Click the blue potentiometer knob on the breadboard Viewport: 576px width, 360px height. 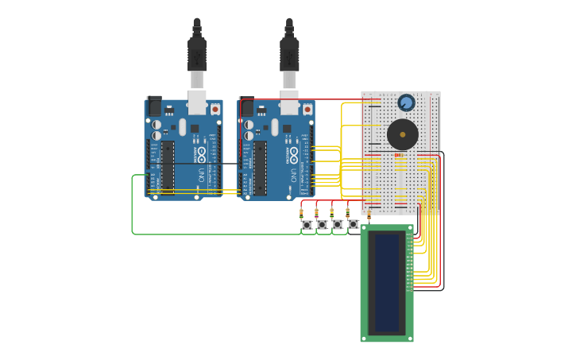[406, 103]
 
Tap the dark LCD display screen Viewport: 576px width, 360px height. [387, 283]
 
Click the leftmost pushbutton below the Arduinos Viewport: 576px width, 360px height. [307, 225]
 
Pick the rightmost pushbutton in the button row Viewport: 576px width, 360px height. [353, 225]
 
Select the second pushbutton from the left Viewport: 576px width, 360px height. [322, 225]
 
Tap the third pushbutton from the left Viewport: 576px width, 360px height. [338, 225]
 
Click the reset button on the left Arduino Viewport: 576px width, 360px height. [215, 109]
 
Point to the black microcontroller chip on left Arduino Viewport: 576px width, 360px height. [168, 167]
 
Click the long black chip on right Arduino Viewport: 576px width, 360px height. [260, 167]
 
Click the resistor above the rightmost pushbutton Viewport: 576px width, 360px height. [347, 211]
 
